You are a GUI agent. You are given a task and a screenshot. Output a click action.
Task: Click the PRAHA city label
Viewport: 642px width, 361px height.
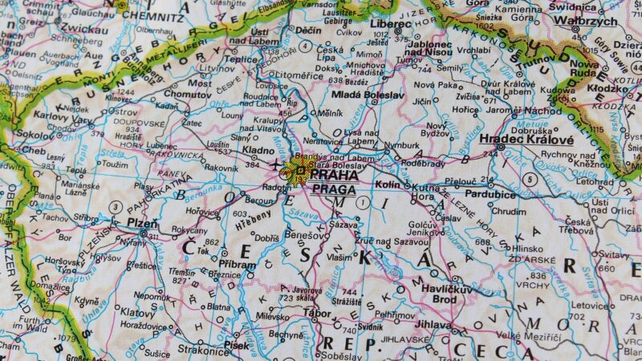tap(335, 174)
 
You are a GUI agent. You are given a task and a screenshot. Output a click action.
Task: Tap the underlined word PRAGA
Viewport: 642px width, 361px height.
tap(334, 189)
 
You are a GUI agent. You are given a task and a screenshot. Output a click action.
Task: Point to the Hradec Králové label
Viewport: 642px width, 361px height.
tap(526, 140)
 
